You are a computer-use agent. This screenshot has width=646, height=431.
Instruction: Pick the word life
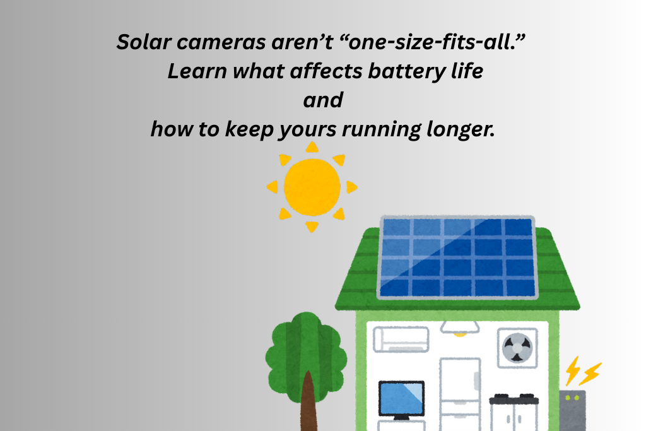pos(466,71)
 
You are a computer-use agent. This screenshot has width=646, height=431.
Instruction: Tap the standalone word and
pos(323,100)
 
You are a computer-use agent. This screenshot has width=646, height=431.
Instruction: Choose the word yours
pos(308,130)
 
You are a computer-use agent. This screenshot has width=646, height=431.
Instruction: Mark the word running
pos(380,130)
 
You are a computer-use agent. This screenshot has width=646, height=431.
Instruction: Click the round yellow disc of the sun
pos(312,187)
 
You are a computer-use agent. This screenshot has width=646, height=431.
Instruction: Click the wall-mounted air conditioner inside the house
pos(401,339)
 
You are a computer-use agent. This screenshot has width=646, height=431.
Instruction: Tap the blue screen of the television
pos(401,398)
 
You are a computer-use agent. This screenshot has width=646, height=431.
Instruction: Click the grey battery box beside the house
pos(572,410)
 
